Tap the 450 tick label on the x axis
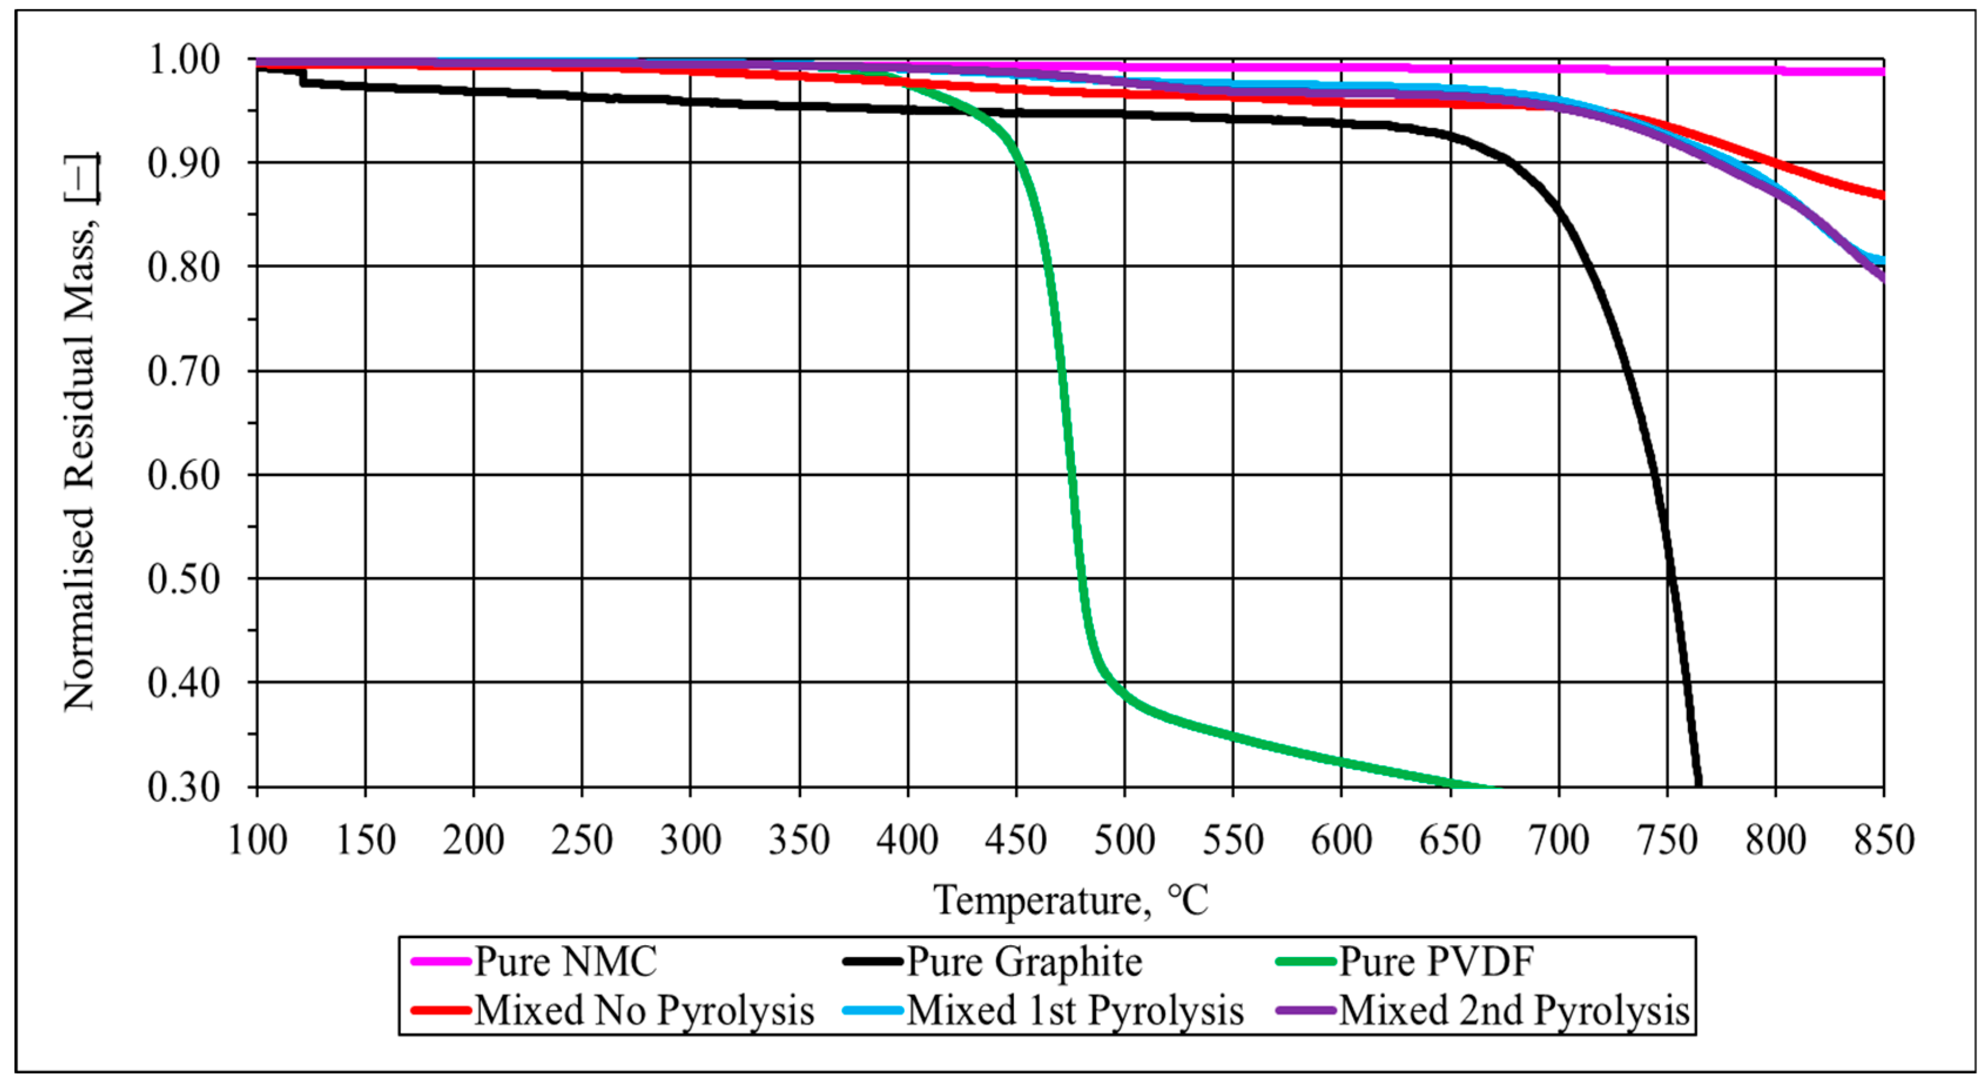(x=1016, y=840)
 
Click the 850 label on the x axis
(x=1884, y=840)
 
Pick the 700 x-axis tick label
(x=1558, y=840)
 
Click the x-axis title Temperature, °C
(x=1070, y=900)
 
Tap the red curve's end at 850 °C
(x=1881, y=194)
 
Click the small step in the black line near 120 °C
(x=302, y=77)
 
